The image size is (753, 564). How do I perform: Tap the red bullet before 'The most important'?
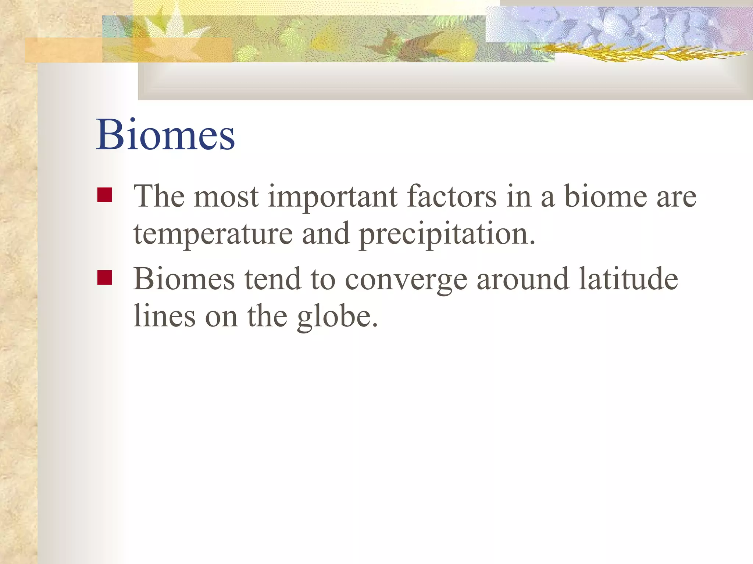(x=105, y=195)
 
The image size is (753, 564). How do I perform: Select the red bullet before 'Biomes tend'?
(x=105, y=278)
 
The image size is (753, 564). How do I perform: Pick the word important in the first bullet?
(x=332, y=197)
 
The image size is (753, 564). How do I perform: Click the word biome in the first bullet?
(x=606, y=196)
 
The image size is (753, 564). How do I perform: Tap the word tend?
(x=272, y=279)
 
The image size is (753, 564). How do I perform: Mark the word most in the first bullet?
(x=226, y=197)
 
